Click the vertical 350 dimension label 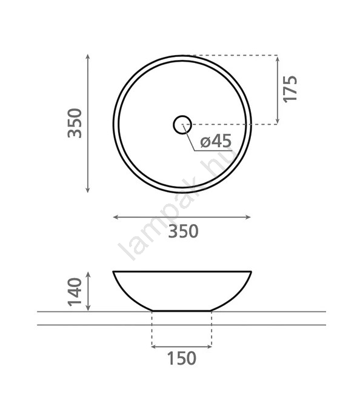tap(75, 124)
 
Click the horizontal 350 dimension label tap(184, 231)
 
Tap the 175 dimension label tap(290, 89)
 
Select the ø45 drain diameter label tap(216, 141)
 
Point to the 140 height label tap(75, 292)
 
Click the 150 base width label tap(182, 358)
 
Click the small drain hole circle tap(182, 125)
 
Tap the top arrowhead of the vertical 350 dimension tap(88, 57)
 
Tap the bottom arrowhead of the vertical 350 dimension tap(88, 190)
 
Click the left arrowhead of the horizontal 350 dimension tap(116, 217)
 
